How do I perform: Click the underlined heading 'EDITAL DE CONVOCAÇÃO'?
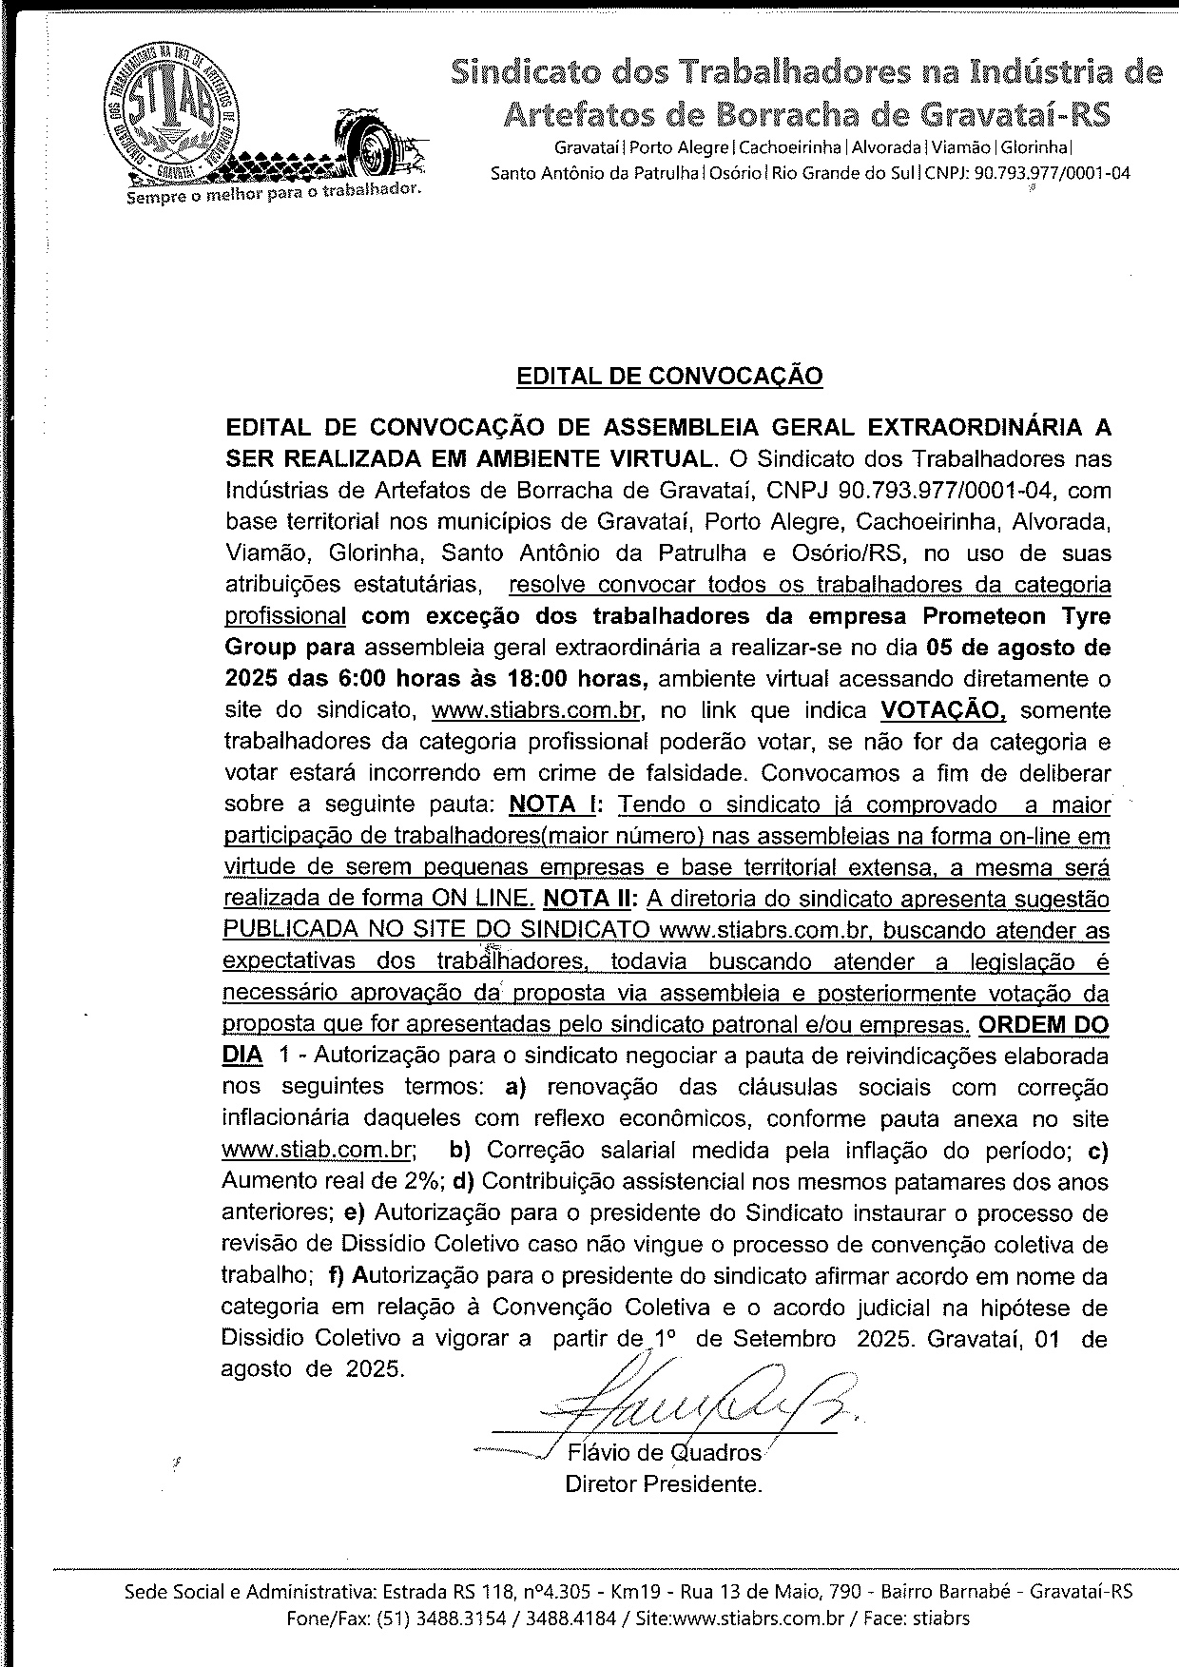668,377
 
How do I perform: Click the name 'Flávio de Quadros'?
664,1453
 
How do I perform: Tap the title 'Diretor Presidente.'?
664,1483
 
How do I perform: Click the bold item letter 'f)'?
336,1275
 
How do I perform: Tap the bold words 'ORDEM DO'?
1043,1025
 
